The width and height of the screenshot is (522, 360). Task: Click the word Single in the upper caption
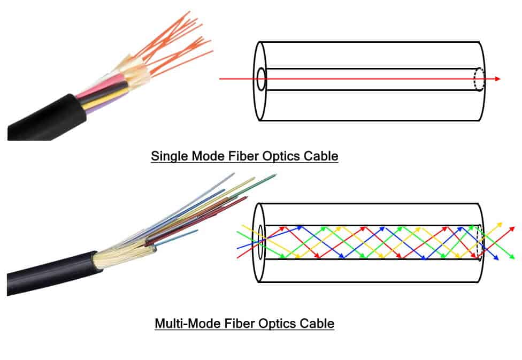167,156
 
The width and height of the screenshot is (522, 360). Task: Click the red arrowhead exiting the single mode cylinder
497,79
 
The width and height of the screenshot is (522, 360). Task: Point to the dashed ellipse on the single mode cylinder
479,79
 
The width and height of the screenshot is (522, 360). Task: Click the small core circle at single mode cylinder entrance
262,79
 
